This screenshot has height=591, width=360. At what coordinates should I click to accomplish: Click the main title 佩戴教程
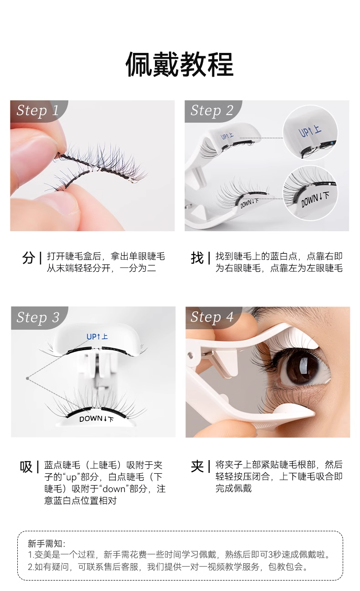tap(180, 65)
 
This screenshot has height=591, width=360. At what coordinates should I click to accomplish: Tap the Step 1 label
tap(38, 111)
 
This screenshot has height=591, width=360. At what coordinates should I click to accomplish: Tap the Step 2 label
tap(212, 111)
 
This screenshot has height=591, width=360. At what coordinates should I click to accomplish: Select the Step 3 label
tap(38, 317)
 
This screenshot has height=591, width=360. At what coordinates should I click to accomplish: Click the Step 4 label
tap(212, 317)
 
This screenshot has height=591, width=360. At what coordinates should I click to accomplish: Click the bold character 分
tap(28, 258)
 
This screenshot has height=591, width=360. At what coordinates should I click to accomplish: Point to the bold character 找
tap(197, 258)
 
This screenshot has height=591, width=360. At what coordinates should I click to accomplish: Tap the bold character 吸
tap(26, 467)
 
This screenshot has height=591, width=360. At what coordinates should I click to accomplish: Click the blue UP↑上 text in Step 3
tap(97, 337)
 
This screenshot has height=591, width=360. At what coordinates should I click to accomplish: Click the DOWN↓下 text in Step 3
tap(97, 418)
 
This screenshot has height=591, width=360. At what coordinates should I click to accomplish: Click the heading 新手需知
tap(47, 543)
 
